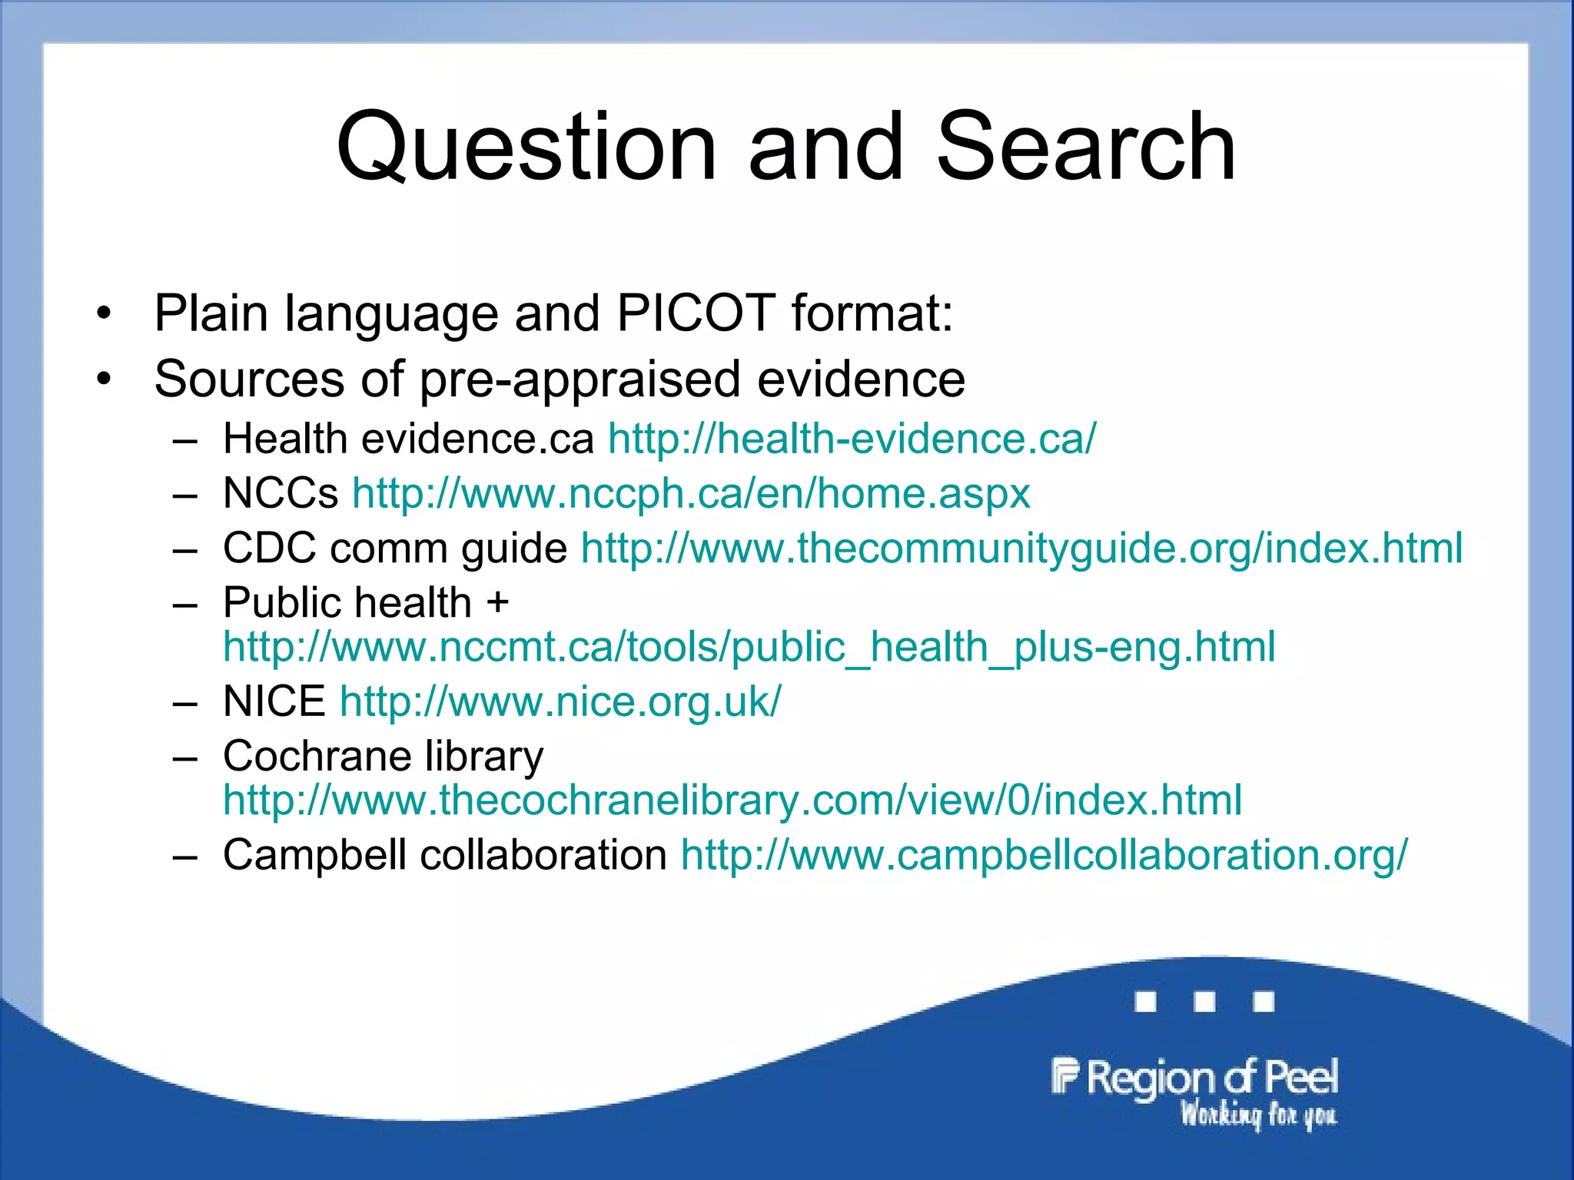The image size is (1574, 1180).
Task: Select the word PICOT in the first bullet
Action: (696, 313)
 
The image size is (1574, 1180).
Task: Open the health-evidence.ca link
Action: (852, 439)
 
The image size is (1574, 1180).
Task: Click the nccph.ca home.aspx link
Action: (691, 493)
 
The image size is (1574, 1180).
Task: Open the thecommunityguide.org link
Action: (1021, 549)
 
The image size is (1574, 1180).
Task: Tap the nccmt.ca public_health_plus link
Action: (749, 647)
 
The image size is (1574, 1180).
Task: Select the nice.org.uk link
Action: (560, 701)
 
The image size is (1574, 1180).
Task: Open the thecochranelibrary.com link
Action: (732, 800)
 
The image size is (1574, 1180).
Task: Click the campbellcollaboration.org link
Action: (1044, 854)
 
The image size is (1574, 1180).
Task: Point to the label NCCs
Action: (281, 493)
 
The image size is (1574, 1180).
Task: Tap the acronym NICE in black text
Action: (274, 701)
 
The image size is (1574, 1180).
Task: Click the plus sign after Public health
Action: (497, 602)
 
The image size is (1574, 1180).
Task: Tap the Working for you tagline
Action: (1259, 1114)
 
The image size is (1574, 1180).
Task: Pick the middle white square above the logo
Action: (1204, 1002)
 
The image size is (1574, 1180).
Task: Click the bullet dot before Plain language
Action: (104, 313)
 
